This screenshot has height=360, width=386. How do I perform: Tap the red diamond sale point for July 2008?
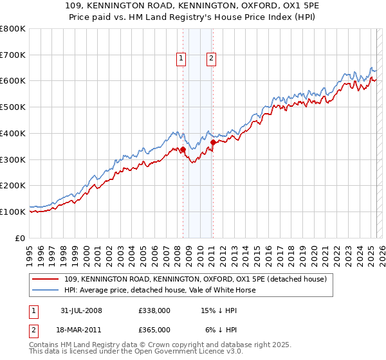183,150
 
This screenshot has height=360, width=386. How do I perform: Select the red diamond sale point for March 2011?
213,142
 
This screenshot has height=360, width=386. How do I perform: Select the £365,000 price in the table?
154,329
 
